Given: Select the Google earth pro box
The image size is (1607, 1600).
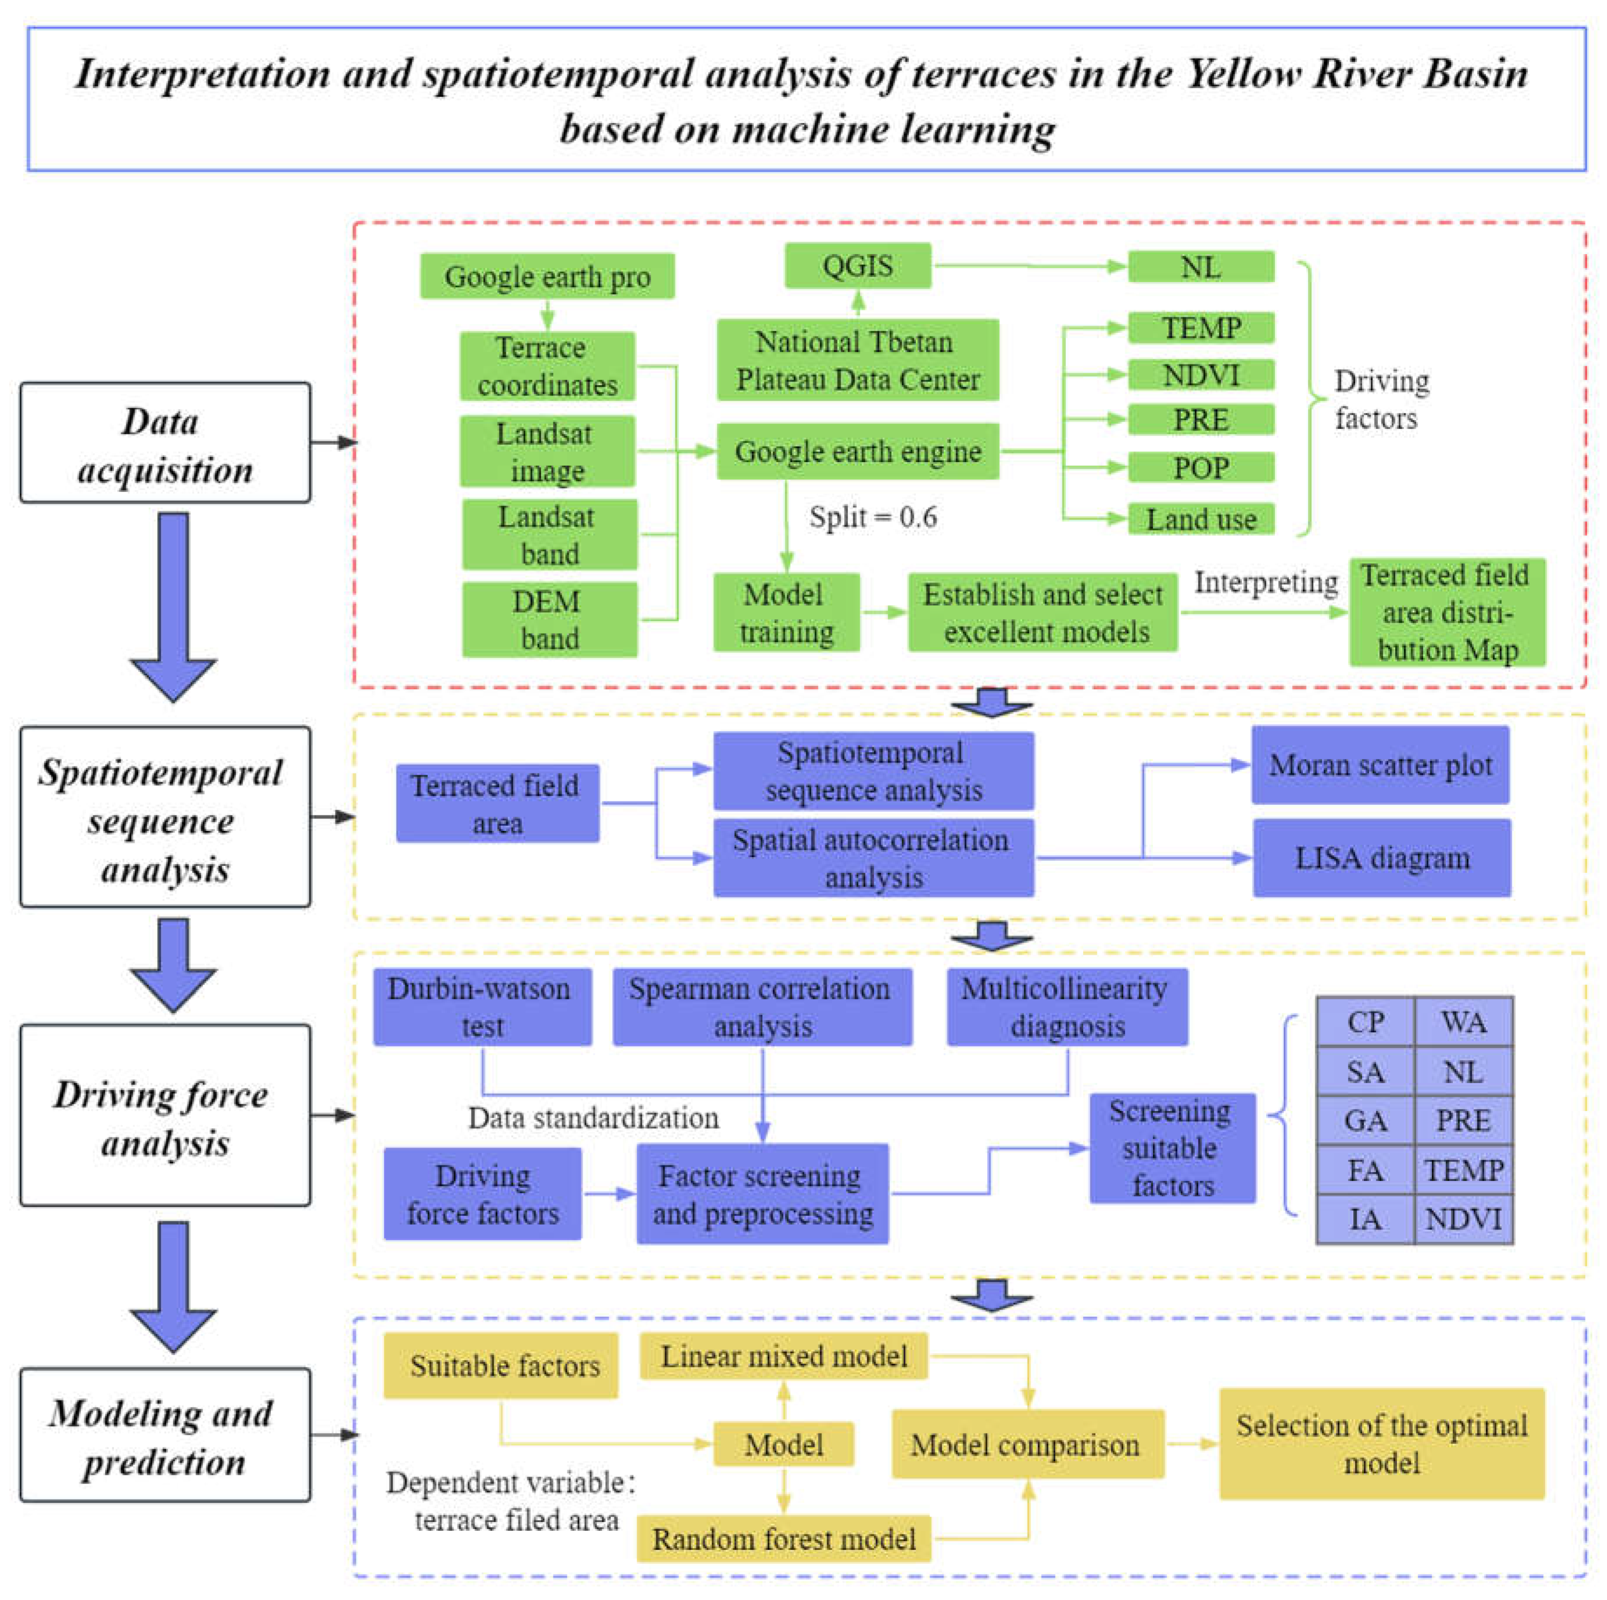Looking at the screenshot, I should (x=547, y=276).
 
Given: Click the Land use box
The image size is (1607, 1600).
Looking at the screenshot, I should (x=1200, y=519).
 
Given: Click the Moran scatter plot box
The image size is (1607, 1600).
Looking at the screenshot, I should (x=1380, y=764).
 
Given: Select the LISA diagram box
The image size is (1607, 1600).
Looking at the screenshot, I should (x=1381, y=858).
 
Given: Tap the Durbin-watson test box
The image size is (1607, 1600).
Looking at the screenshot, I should (x=482, y=1007).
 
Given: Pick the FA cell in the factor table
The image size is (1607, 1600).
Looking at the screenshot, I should (x=1365, y=1170).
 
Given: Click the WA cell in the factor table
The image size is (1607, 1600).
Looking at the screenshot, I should (x=1463, y=1022).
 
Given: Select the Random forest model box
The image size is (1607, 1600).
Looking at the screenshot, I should (x=783, y=1539).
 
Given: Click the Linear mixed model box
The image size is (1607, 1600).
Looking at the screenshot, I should (x=783, y=1356).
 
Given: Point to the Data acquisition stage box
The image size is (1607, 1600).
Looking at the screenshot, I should (x=165, y=443).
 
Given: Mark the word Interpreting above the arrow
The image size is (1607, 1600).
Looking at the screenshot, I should (x=1265, y=582).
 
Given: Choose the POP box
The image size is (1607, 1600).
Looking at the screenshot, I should (x=1200, y=468).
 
